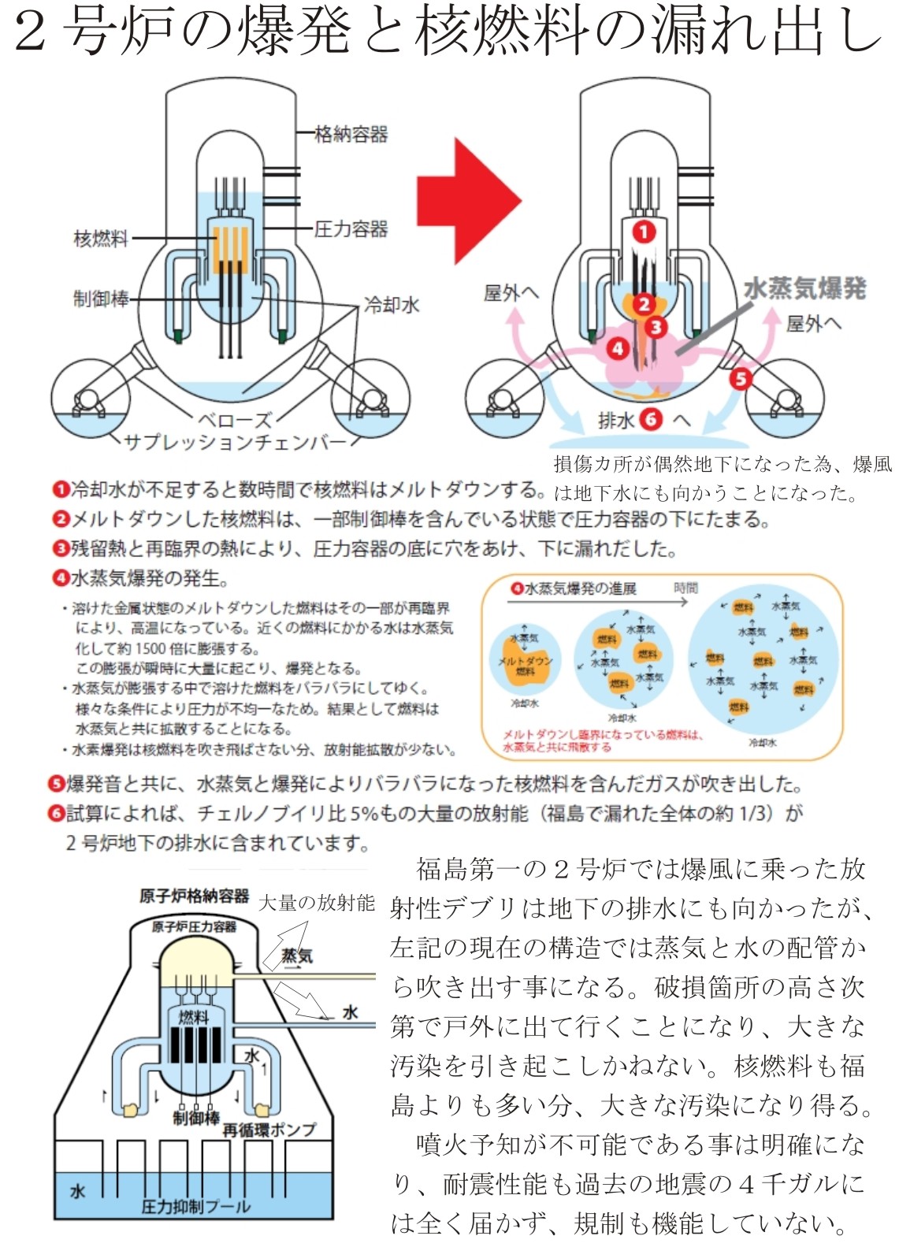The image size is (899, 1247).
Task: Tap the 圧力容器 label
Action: (x=351, y=229)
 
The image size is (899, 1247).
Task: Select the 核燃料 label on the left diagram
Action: (x=100, y=237)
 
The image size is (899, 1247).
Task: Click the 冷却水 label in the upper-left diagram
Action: (x=392, y=305)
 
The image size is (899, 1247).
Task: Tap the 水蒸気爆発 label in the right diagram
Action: (x=804, y=288)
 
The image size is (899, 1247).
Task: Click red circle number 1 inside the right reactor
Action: (x=644, y=232)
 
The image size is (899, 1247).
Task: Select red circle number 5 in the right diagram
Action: (x=740, y=379)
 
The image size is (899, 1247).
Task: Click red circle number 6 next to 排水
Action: (x=651, y=420)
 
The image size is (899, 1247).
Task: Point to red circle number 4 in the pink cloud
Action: (x=617, y=347)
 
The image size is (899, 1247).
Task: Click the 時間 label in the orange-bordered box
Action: (x=685, y=588)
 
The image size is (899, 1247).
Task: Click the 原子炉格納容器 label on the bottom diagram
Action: (x=194, y=896)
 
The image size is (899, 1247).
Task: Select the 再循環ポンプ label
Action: (x=269, y=1130)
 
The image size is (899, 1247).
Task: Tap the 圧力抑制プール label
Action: (x=195, y=1206)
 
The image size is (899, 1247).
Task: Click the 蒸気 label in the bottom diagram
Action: (x=297, y=956)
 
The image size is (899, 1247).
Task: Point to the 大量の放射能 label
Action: (x=316, y=903)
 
